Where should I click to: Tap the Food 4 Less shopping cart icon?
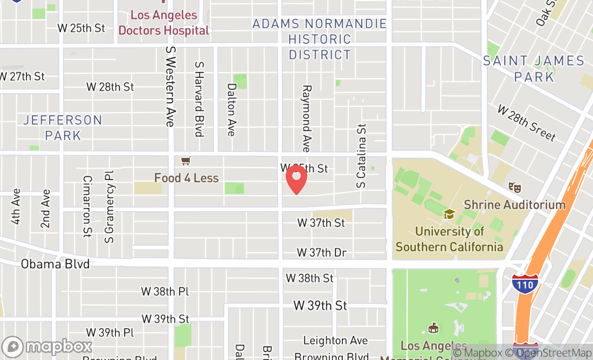point(186,161)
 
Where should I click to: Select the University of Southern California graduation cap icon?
point(449,214)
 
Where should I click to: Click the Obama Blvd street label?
point(55,264)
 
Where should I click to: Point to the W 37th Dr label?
point(322,252)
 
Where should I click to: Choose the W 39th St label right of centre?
point(320,306)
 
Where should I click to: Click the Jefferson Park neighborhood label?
point(63,127)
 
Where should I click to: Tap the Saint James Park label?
point(534,68)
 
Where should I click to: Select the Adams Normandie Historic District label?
point(320,39)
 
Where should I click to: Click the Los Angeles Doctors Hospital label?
point(164,23)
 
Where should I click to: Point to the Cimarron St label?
point(87,206)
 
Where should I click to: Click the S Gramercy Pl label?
point(110,206)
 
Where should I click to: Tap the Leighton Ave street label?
point(335,340)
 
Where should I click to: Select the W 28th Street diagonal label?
point(526,123)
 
